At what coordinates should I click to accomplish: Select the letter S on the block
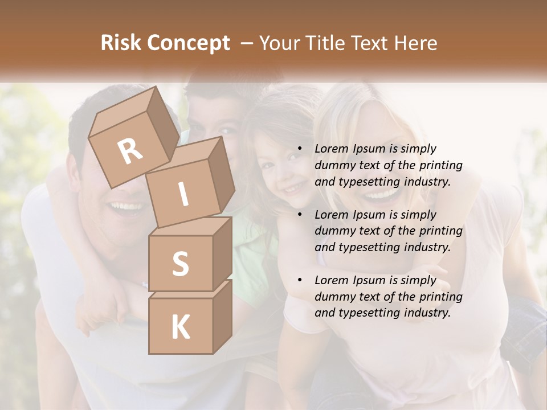(180, 264)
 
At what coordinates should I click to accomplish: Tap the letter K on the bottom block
(180, 327)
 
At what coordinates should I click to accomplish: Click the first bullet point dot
(300, 149)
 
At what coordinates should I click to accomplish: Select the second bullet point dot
(300, 215)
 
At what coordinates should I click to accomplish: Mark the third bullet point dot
(300, 281)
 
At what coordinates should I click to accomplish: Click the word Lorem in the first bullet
(332, 149)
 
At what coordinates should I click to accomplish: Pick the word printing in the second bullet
(440, 231)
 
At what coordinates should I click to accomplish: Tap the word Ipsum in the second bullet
(369, 215)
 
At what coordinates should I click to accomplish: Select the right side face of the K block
(222, 316)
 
